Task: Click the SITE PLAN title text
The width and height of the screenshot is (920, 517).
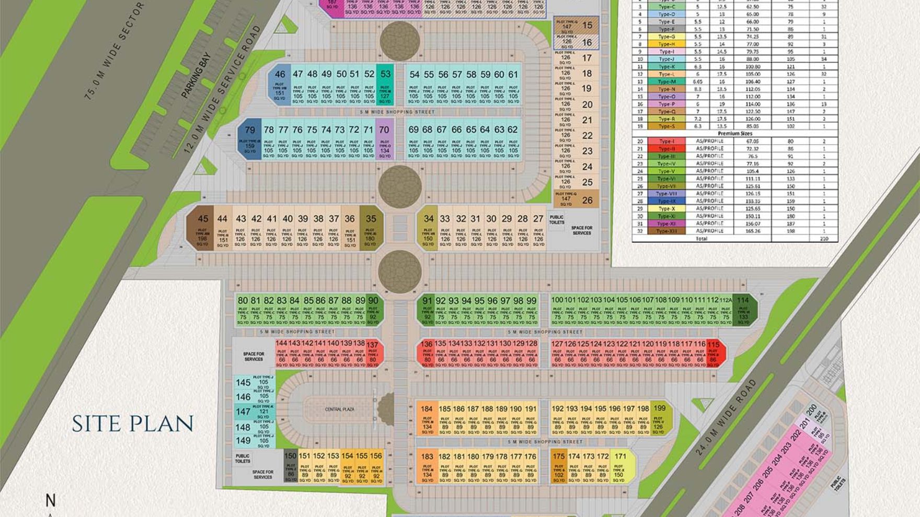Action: tap(132, 424)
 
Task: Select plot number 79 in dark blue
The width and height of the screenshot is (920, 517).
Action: tap(250, 139)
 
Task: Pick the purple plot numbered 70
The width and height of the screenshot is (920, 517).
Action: tap(384, 139)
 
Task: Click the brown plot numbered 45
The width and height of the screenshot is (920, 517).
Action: tap(202, 230)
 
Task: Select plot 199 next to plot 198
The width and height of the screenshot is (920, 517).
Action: tap(659, 418)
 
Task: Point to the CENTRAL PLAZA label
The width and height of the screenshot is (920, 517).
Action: tap(340, 409)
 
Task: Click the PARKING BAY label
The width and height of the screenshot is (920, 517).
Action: tap(195, 75)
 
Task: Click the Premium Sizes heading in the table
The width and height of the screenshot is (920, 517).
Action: tap(734, 134)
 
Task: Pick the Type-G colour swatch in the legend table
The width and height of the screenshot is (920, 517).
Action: tap(666, 37)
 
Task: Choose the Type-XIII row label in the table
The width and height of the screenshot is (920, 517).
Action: tap(666, 231)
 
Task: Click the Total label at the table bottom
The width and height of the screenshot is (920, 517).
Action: tap(701, 239)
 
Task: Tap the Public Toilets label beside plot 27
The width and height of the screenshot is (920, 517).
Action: tap(557, 220)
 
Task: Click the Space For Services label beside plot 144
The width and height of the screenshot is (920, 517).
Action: tap(254, 356)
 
